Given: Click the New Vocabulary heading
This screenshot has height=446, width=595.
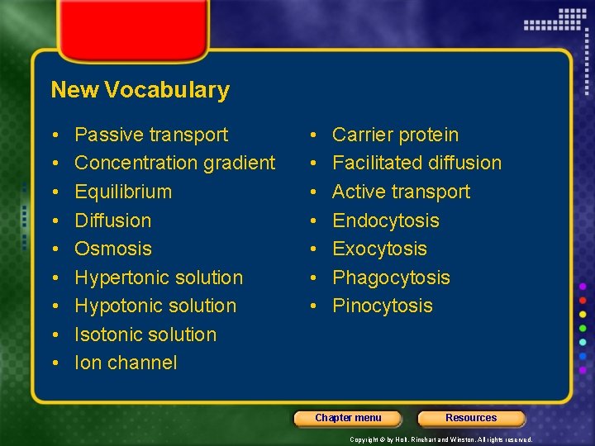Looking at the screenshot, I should pyautogui.click(x=140, y=90).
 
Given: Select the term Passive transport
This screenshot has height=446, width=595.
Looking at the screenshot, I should pyautogui.click(x=151, y=135).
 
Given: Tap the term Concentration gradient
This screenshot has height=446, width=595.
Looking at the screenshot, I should pyautogui.click(x=174, y=163).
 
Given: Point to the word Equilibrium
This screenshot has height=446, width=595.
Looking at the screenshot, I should pyautogui.click(x=123, y=192).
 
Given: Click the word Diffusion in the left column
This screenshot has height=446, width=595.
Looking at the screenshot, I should pyautogui.click(x=112, y=221).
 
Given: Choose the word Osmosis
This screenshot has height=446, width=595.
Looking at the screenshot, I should pyautogui.click(x=113, y=249).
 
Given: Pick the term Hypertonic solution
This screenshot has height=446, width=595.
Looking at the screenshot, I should pyautogui.click(x=159, y=278).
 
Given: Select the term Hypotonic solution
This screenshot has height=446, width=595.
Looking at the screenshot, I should pyautogui.click(x=155, y=306).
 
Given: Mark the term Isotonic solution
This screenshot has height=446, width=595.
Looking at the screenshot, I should pyautogui.click(x=145, y=334).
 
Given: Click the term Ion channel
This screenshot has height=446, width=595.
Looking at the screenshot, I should pyautogui.click(x=126, y=363).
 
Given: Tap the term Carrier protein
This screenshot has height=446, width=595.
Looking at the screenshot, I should pyautogui.click(x=395, y=135).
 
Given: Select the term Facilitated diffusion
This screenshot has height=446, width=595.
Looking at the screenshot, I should pyautogui.click(x=416, y=163).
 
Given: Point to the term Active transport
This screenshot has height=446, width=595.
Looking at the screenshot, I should pyautogui.click(x=401, y=192).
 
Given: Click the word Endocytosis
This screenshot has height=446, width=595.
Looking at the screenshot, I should pyautogui.click(x=385, y=221).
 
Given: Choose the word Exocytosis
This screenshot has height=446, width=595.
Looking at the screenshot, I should pyautogui.click(x=379, y=249).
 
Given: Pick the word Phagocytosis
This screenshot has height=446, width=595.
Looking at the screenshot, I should pyautogui.click(x=391, y=278).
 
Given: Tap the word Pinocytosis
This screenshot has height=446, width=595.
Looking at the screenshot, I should pyautogui.click(x=382, y=306).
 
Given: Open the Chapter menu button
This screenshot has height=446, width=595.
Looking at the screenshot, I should pyautogui.click(x=348, y=418).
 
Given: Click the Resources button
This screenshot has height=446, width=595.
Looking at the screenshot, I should pyautogui.click(x=471, y=418).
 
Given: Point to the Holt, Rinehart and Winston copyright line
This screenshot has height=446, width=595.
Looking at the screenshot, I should pyautogui.click(x=440, y=439).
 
